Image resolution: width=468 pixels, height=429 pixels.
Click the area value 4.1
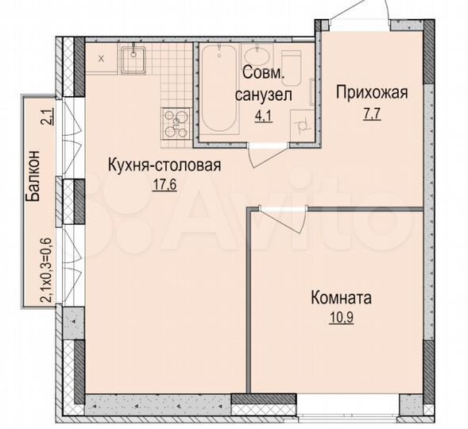pyautogui.click(x=262, y=116)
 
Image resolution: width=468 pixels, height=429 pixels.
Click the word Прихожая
pyautogui.click(x=371, y=95)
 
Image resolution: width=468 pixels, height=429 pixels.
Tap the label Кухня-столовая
pyautogui.click(x=164, y=166)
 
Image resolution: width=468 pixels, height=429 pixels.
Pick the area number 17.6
pyautogui.click(x=162, y=187)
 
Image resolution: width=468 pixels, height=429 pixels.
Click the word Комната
pyautogui.click(x=341, y=300)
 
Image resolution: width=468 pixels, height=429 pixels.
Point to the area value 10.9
pyautogui.click(x=341, y=322)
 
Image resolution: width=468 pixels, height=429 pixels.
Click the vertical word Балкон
pyautogui.click(x=33, y=178)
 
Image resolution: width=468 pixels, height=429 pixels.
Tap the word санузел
pyautogui.click(x=263, y=95)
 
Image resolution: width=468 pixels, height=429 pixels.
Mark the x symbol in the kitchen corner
pyautogui.click(x=100, y=58)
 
